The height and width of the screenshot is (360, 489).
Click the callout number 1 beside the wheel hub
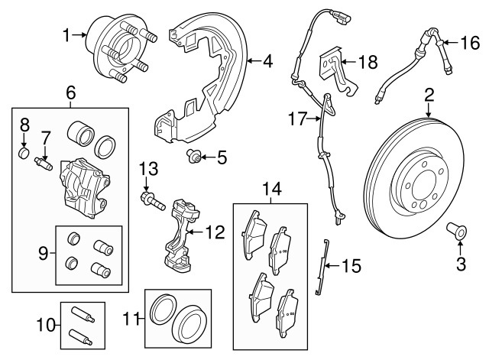(x=66, y=34)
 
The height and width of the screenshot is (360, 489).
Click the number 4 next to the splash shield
(x=267, y=60)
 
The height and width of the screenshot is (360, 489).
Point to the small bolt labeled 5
(x=195, y=158)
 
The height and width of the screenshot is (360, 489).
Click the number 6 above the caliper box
(x=70, y=93)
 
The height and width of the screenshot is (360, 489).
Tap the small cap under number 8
(x=24, y=158)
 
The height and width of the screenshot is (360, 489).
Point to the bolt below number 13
(x=151, y=201)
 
